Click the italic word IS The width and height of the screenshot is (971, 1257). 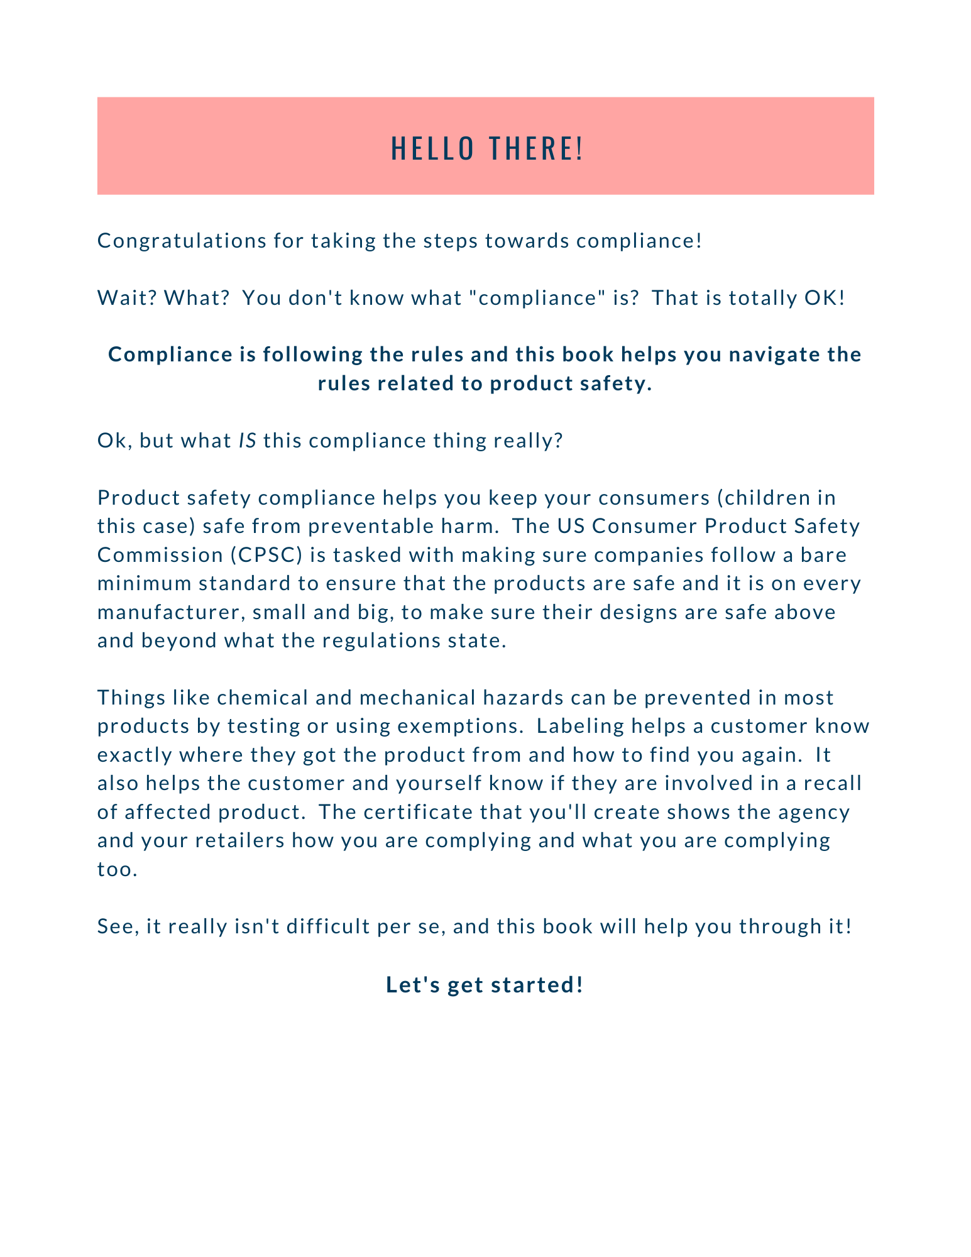(x=248, y=441)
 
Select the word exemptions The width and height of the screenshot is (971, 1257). (x=460, y=726)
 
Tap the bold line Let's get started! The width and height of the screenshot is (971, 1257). (x=485, y=984)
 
